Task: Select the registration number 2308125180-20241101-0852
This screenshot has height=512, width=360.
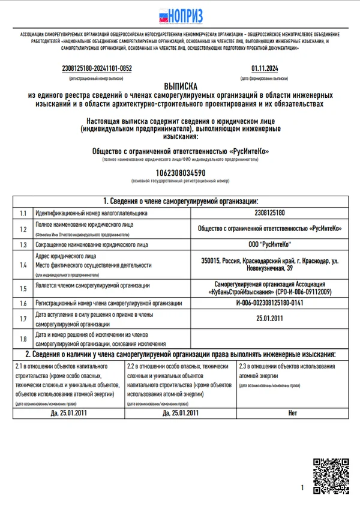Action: click(97, 68)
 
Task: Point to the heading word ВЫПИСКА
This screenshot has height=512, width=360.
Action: click(180, 86)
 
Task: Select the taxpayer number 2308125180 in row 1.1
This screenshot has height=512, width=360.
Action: click(269, 212)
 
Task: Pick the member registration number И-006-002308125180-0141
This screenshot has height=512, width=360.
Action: click(269, 303)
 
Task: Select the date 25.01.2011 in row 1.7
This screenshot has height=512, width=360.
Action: click(269, 319)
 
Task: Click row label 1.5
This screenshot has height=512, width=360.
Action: click(23, 288)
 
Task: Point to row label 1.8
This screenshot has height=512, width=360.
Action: click(23, 339)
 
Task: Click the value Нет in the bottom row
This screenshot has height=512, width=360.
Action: click(293, 413)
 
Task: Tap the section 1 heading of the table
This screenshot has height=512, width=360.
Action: click(180, 200)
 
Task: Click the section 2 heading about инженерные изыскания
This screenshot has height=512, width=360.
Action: click(180, 354)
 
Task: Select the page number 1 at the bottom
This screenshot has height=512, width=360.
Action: click(302, 487)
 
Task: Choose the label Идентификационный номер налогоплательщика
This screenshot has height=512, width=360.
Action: click(91, 212)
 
